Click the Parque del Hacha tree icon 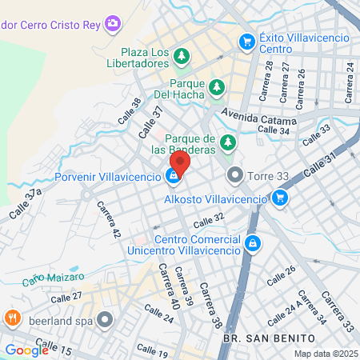[216, 86]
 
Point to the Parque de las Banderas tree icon [229, 143]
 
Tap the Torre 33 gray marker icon [234, 174]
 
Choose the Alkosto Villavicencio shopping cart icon [279, 198]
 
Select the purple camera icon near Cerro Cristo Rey [114, 23]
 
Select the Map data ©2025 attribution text [324, 354]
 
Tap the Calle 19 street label [152, 350]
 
